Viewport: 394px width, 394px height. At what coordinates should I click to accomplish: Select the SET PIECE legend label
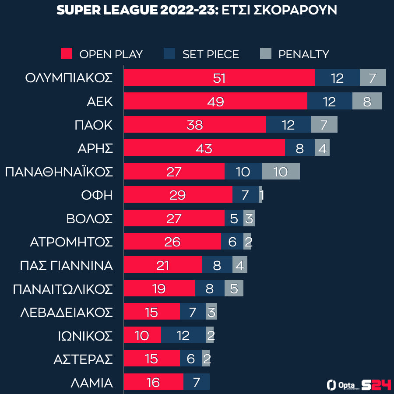(x=211, y=54)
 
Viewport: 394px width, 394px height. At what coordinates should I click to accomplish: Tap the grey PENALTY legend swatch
(x=266, y=54)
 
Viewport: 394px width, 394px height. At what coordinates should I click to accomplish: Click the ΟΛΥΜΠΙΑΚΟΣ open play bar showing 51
(x=219, y=78)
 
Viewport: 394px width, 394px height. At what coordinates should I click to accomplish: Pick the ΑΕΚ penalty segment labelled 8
(x=367, y=101)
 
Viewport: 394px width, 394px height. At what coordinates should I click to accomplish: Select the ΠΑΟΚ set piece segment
(x=288, y=125)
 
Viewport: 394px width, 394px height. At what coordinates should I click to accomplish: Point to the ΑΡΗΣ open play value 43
(x=204, y=148)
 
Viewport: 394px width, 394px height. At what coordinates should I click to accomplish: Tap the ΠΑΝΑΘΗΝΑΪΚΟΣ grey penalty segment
(x=281, y=172)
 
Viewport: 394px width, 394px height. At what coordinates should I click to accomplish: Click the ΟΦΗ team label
(x=97, y=195)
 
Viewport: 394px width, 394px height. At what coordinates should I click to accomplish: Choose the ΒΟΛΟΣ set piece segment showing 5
(x=234, y=218)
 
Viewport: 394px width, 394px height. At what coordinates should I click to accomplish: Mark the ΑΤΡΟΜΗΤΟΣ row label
(x=71, y=242)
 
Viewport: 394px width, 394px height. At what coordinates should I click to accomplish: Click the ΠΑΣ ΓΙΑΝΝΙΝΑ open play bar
(x=163, y=265)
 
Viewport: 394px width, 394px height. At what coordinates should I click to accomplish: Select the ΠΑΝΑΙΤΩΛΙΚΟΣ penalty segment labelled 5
(x=234, y=288)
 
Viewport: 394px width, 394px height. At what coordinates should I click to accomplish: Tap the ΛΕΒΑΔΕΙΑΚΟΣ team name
(x=67, y=312)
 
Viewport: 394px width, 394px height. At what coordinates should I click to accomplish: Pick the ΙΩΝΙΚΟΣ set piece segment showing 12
(x=183, y=335)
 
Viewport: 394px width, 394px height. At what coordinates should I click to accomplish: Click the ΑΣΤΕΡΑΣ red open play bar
(x=151, y=359)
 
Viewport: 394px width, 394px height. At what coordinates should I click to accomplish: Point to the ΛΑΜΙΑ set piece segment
(x=197, y=382)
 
